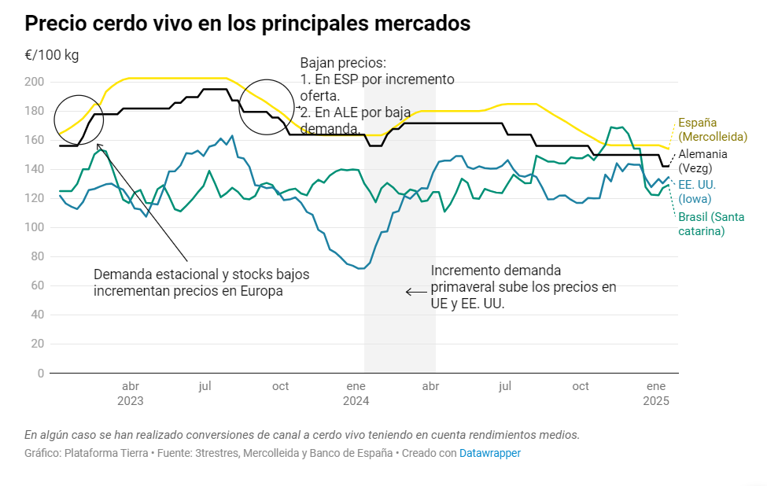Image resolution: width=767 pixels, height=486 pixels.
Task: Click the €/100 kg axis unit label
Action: [x=52, y=55]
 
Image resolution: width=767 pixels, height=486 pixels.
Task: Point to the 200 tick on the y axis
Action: [x=35, y=82]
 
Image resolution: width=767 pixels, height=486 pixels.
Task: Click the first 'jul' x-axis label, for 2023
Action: [x=205, y=386]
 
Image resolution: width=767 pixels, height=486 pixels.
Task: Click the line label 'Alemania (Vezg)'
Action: [x=702, y=161]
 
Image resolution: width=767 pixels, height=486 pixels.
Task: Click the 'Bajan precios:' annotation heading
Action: [x=343, y=63]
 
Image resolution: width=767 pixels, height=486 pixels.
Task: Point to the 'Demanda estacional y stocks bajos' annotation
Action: [x=201, y=274]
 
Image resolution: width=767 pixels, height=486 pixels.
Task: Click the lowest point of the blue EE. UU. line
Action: [x=360, y=269]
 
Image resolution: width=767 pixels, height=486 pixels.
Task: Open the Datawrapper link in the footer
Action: [x=489, y=453]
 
